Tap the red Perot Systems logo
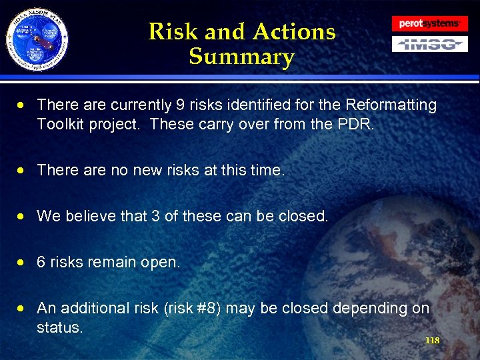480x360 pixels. tap(429, 24)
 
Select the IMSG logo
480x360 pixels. tap(429, 45)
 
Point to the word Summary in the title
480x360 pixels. tap(241, 57)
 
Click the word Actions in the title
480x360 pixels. tap(294, 31)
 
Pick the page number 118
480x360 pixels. tap(432, 341)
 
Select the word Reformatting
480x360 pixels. tap(392, 105)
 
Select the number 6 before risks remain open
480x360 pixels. tap(41, 263)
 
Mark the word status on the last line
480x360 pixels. tap(60, 328)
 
